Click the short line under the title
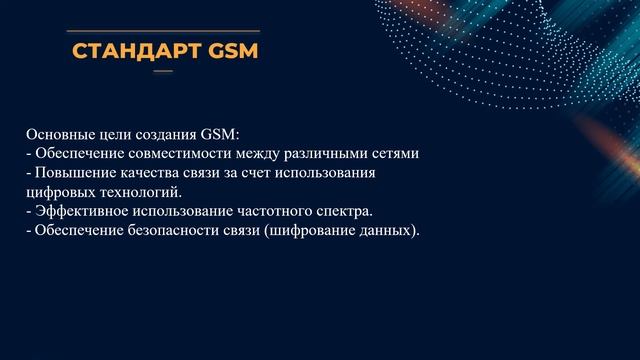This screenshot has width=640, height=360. pyautogui.click(x=162, y=72)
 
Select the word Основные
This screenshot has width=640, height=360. pyautogui.click(x=55, y=134)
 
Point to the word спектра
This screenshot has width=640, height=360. pyautogui.click(x=342, y=211)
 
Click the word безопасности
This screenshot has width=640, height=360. pyautogui.click(x=168, y=230)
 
